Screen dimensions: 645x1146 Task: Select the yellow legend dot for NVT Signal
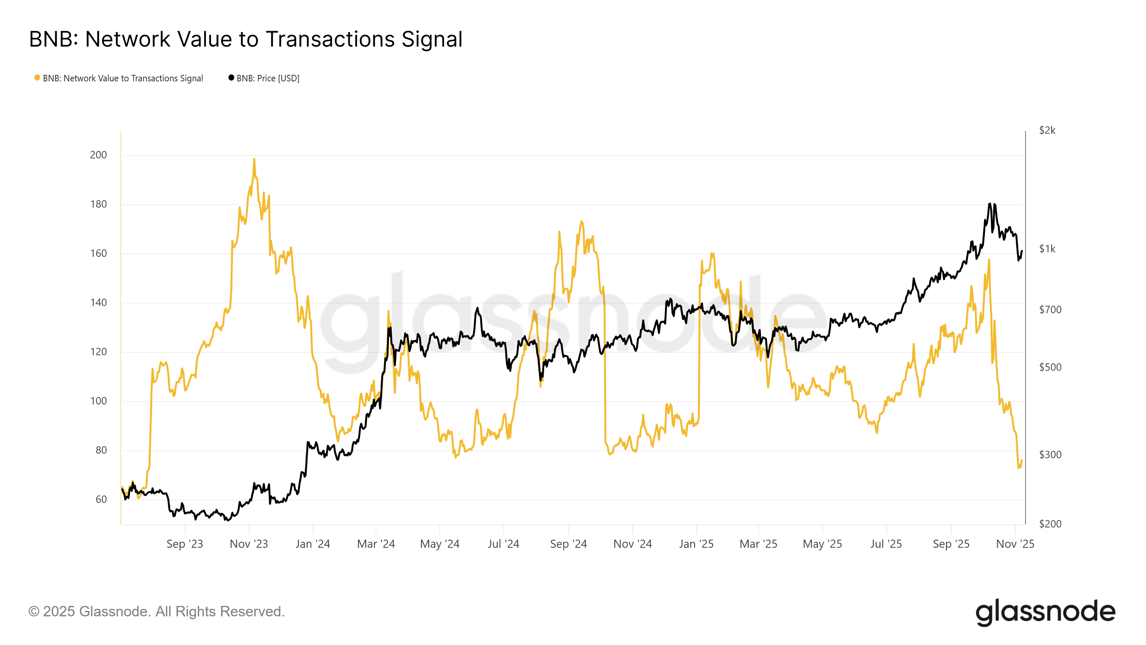pos(37,78)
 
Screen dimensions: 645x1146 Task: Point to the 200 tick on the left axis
pos(98,155)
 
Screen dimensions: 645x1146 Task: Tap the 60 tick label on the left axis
pos(101,500)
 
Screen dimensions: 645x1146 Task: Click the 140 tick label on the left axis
pos(98,303)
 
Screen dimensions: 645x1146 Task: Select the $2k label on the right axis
pos(1047,130)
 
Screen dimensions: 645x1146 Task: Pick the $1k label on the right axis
pos(1047,249)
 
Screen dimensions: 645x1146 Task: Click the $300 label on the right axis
pos(1050,454)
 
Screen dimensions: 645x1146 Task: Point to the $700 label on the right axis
pos(1050,309)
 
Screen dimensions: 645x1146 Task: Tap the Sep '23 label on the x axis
pos(185,544)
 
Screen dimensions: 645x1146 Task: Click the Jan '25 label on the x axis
pos(696,544)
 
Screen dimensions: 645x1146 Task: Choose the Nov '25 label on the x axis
pos(1015,544)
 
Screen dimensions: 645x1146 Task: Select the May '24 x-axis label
pos(439,544)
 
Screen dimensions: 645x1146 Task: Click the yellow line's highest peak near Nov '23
pos(254,159)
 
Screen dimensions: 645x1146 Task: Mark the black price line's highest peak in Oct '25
pos(990,204)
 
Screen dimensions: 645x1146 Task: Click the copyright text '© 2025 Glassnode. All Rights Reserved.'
pos(157,612)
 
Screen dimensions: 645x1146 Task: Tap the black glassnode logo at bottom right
pos(1045,612)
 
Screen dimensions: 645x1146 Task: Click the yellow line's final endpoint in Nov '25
pos(1022,460)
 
